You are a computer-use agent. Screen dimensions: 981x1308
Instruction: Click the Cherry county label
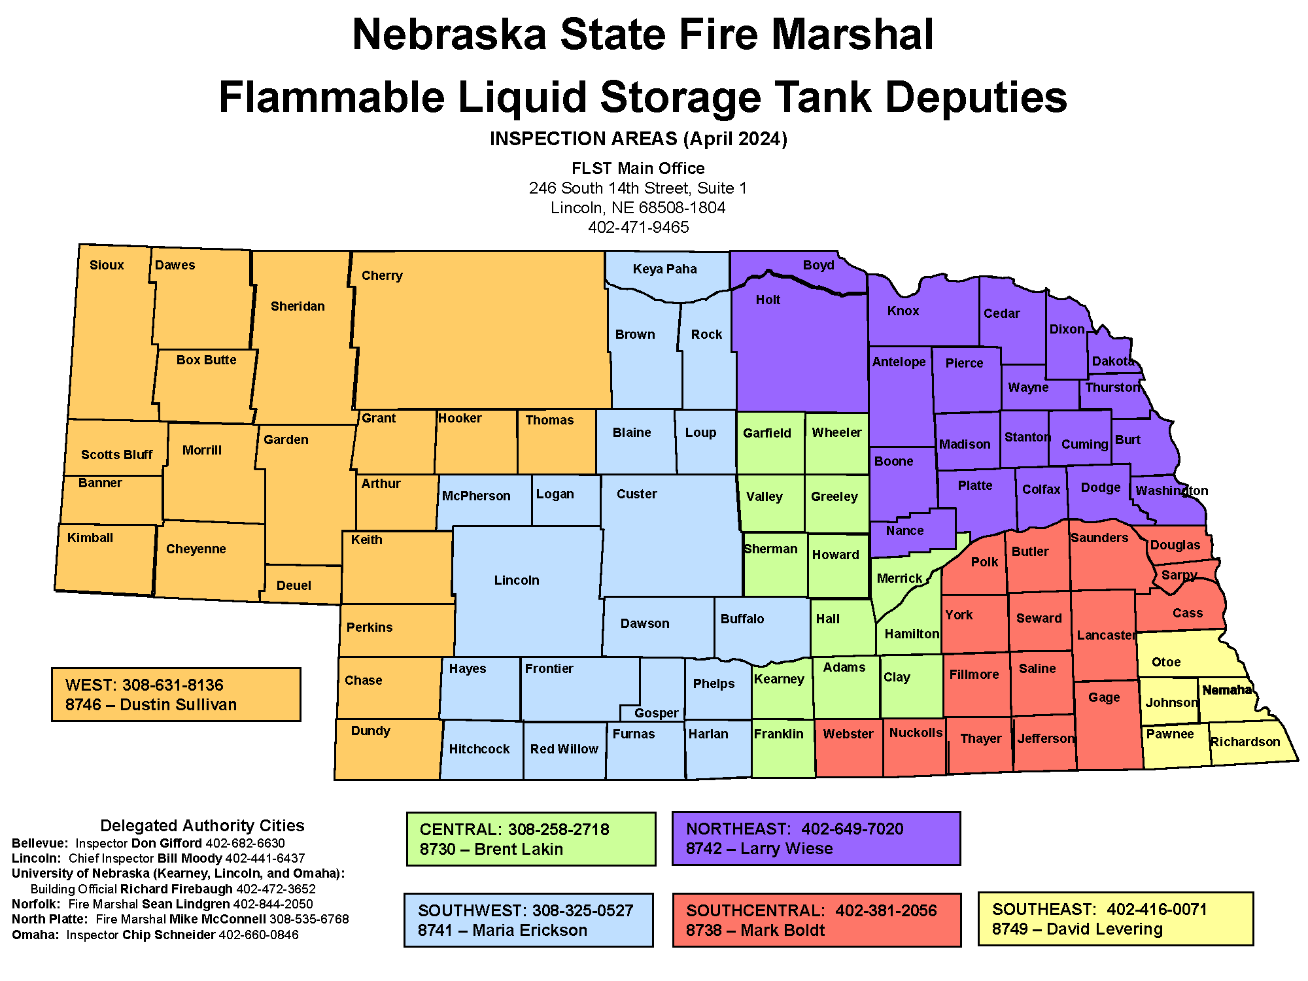point(382,275)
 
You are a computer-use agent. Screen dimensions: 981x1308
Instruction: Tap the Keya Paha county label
point(664,269)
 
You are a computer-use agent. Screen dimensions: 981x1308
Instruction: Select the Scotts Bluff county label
point(116,455)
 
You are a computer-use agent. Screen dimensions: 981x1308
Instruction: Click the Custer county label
point(636,494)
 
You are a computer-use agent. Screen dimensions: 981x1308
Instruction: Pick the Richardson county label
point(1245,742)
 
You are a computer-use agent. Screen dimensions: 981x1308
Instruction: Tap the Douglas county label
point(1175,545)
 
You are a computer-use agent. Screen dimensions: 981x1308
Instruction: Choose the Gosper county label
point(656,713)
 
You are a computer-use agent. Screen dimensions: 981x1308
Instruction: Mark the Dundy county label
point(370,731)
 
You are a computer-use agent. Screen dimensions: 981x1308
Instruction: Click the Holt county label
point(768,300)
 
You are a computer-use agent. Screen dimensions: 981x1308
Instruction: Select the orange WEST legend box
point(176,695)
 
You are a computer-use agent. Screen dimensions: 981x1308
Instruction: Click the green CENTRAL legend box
point(530,839)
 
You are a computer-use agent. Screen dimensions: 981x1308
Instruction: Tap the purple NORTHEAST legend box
point(816,838)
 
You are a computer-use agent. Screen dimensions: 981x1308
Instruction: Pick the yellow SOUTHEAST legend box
point(1115,919)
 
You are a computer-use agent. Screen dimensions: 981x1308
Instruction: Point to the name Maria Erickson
point(530,930)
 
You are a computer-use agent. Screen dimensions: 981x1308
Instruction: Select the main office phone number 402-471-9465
point(638,227)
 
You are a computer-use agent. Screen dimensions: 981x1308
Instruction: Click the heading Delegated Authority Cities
point(202,825)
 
